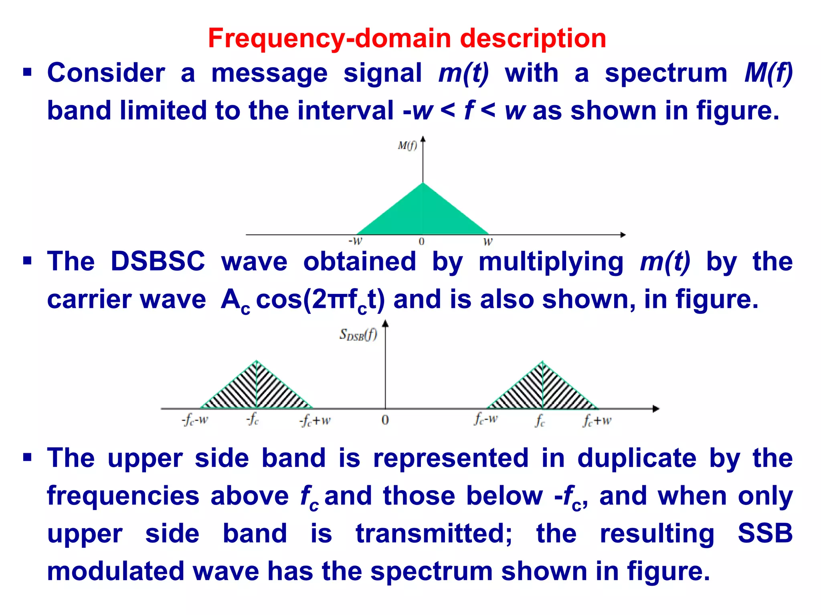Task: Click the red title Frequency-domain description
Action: pos(406,38)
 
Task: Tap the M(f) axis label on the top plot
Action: pos(407,146)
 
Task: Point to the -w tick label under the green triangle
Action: pos(355,241)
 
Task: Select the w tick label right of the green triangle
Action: pos(487,242)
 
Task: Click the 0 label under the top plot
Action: pos(421,242)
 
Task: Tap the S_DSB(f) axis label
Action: pos(358,334)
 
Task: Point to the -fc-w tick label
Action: pos(195,420)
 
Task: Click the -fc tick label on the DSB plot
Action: pos(253,420)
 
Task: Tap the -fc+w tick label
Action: pos(315,421)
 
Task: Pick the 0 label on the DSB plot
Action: pos(385,420)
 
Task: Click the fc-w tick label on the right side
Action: pos(486,419)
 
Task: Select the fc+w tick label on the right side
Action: pos(597,420)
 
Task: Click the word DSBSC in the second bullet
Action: pos(158,261)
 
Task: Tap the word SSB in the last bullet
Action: pos(765,533)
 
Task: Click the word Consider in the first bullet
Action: pos(106,73)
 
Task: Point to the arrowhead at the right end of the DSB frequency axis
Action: pos(656,409)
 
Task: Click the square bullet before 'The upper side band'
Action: pos(27,457)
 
